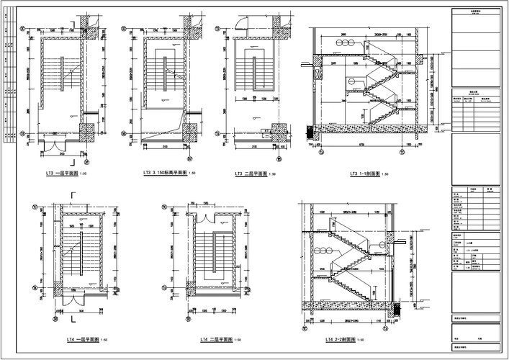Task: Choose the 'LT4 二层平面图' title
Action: [x=221, y=339]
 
